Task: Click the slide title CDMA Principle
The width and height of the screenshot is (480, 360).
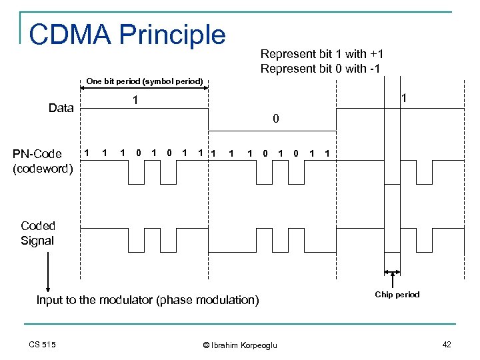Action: coord(127,35)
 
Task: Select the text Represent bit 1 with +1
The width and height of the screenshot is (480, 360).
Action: coord(321,54)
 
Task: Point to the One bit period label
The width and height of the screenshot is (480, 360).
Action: coord(145,81)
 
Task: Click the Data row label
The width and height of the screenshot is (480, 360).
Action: coord(61,108)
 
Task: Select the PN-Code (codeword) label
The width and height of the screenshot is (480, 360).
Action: coord(43,161)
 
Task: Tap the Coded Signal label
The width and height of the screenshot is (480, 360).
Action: coord(37,233)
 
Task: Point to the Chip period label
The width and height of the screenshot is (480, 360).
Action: coord(397,294)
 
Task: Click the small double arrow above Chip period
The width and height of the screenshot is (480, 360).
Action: coord(393,272)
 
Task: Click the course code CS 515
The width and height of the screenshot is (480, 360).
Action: coord(42,344)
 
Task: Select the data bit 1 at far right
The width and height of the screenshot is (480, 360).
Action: coord(404,98)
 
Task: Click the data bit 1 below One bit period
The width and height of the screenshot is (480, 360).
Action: coord(135,101)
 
